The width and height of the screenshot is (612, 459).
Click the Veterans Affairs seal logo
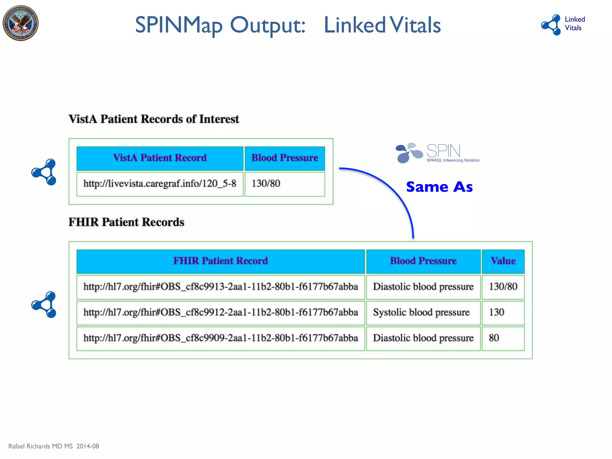(21, 23)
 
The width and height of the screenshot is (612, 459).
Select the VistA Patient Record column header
(160, 158)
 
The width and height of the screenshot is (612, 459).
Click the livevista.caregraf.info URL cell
(160, 184)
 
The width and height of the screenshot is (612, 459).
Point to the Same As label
(439, 187)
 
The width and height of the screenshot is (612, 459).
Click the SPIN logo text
(443, 151)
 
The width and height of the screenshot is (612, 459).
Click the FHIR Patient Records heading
(126, 222)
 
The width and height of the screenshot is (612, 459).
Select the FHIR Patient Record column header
(221, 261)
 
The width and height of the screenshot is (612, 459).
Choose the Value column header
(503, 261)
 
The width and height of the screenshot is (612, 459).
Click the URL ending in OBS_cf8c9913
(221, 287)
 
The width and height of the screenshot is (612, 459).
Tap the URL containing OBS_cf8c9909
(221, 338)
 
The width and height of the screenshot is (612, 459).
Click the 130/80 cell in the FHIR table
(503, 287)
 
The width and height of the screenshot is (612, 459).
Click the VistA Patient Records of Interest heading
(154, 119)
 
